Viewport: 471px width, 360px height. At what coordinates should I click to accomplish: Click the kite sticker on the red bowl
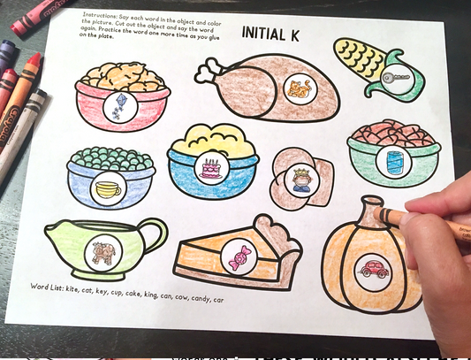pos(120,107)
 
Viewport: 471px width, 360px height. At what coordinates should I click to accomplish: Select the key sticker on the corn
pos(397,79)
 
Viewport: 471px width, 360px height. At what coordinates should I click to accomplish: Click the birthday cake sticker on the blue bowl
pos(212,169)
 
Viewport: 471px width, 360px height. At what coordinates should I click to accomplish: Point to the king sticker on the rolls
pos(301,180)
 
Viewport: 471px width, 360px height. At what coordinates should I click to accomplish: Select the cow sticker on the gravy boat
pos(103,252)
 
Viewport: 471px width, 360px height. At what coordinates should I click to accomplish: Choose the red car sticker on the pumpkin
pos(374,270)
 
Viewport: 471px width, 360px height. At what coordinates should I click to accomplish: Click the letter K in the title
pos(294,34)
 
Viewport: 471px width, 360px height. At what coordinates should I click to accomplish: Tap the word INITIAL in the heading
pos(263,33)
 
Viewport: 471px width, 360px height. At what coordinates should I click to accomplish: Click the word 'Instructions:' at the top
pos(100,15)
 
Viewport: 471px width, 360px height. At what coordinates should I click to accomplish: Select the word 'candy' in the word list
pos(200,299)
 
